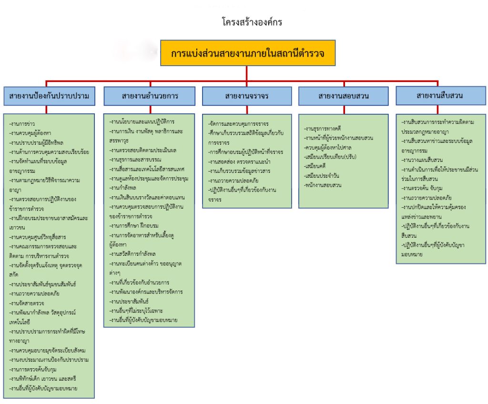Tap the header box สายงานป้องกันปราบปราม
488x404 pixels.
[49, 96]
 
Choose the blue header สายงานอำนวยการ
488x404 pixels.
[150, 96]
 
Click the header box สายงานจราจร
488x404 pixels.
[247, 96]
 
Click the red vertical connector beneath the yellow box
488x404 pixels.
[247, 72]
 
